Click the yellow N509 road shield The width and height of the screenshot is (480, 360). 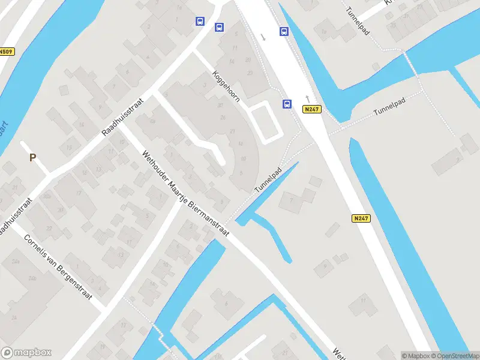6,52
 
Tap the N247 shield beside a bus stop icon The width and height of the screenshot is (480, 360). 312,109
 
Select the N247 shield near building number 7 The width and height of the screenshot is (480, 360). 361,218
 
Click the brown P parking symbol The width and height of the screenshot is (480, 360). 33,158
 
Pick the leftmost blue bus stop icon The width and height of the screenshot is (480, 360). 200,21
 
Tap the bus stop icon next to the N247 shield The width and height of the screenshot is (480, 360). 287,104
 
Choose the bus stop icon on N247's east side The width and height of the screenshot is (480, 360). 283,31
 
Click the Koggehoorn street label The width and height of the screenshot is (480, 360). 226,86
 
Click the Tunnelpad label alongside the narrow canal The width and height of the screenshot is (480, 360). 268,179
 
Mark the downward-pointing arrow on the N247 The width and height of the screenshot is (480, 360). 263,37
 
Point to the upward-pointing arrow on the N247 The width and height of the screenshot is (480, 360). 307,97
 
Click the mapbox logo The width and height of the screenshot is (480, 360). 26,353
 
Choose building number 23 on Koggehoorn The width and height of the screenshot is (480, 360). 250,73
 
